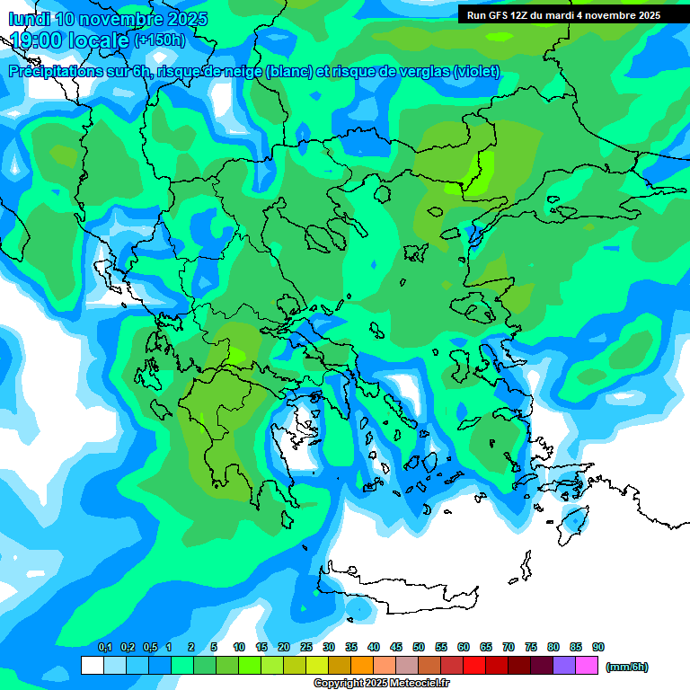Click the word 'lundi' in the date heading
(x=29, y=19)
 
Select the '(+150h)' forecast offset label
(x=159, y=40)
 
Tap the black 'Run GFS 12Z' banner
(x=562, y=14)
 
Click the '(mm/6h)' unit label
(x=626, y=667)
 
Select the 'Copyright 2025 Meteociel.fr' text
(x=382, y=684)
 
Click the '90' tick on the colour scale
(x=598, y=647)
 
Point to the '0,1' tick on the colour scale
(x=104, y=647)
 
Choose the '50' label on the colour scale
(x=419, y=647)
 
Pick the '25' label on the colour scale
(x=306, y=647)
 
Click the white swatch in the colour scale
(x=93, y=666)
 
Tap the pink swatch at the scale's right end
(x=587, y=666)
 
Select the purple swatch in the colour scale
(x=564, y=666)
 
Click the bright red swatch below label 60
(x=474, y=666)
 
